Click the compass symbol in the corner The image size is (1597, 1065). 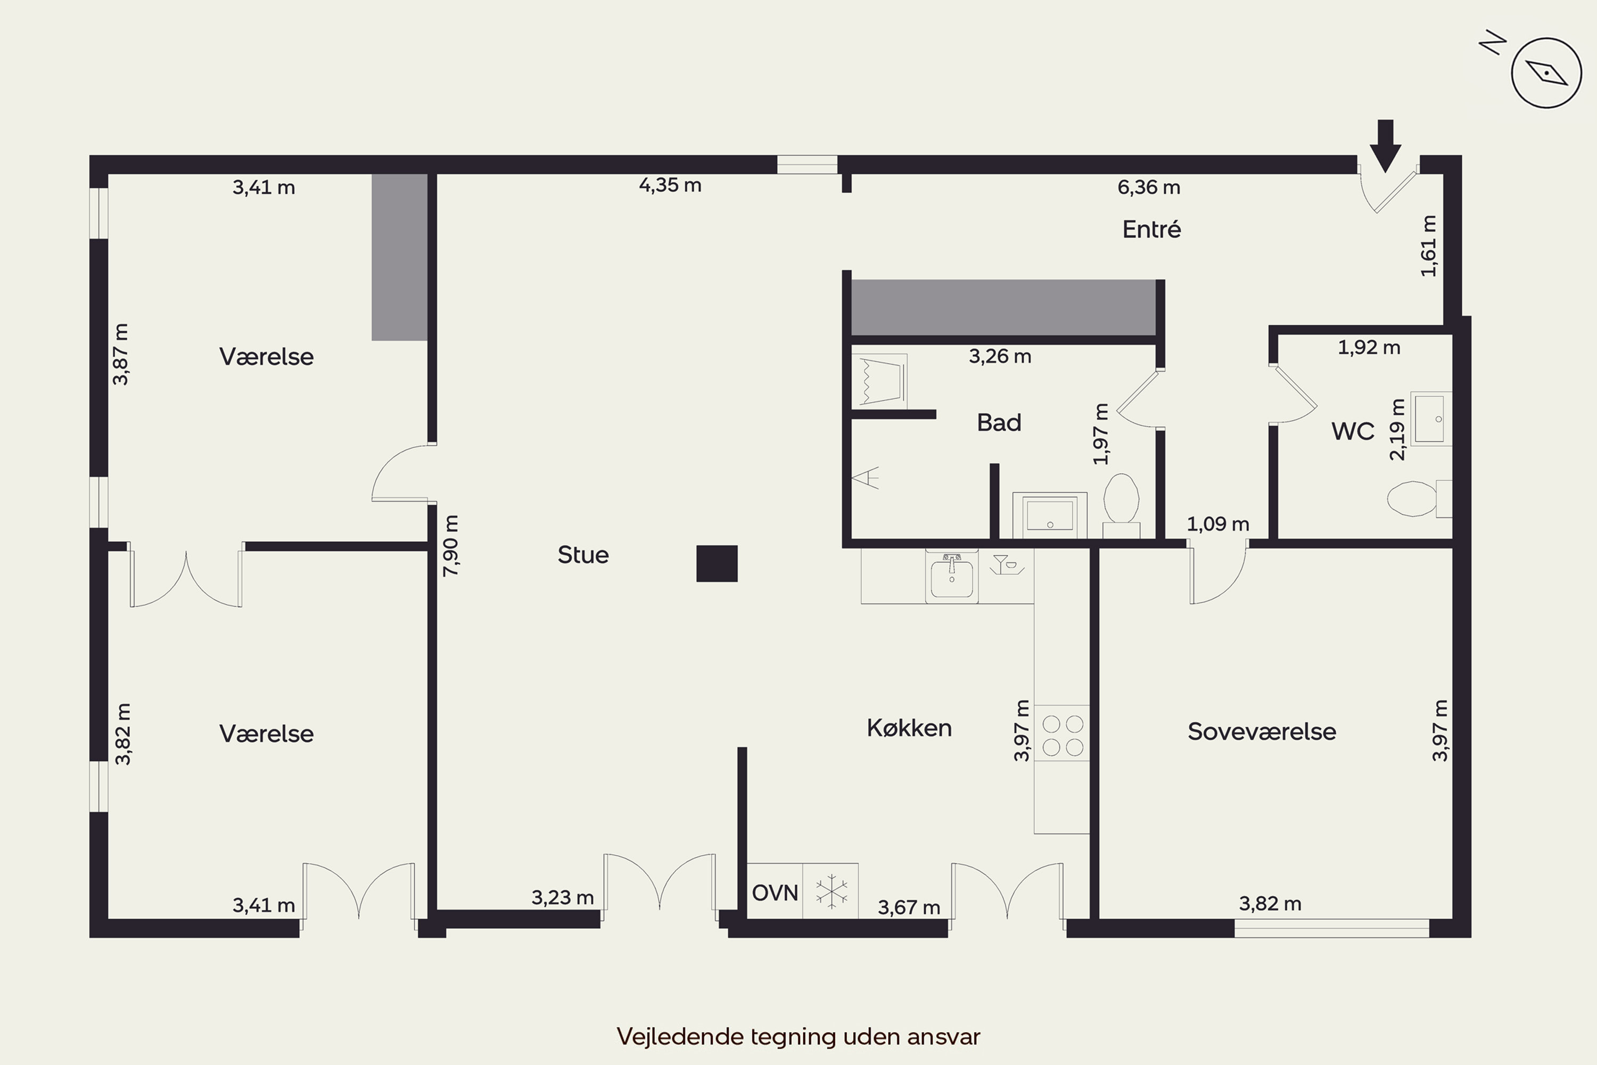click(1546, 72)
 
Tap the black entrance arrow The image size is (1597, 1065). click(1385, 146)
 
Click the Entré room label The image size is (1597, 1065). click(1151, 229)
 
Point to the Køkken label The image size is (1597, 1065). click(909, 728)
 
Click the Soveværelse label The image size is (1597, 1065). click(1262, 732)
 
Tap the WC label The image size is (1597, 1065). click(1353, 431)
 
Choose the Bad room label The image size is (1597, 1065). click(999, 422)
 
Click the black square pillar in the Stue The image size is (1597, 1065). click(717, 564)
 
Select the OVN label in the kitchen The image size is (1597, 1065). click(775, 893)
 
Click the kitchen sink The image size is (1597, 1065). click(951, 577)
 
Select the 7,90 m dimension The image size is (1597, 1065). click(451, 545)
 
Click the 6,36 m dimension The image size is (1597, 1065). click(1149, 187)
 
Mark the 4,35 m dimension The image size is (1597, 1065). click(670, 185)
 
